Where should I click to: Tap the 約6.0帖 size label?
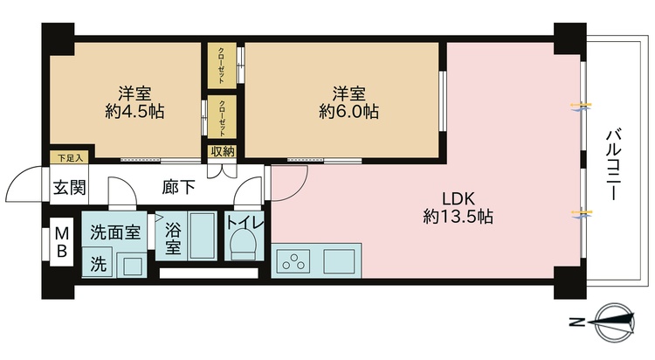[348, 112]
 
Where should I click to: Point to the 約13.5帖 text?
[458, 217]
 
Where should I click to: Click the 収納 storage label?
[223, 152]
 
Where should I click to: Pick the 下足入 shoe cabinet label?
[70, 158]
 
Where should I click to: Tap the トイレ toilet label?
[245, 222]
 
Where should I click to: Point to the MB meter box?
[62, 243]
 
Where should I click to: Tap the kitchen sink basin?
[339, 260]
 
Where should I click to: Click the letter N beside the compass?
[577, 322]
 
